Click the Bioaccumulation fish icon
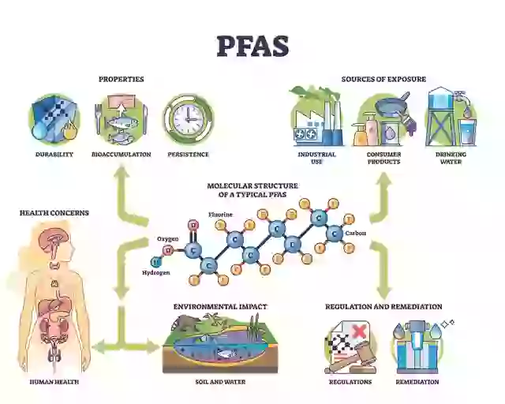click(121, 120)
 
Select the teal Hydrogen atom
click(156, 260)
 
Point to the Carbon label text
click(355, 233)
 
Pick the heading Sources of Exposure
click(383, 79)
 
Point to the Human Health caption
click(54, 382)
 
